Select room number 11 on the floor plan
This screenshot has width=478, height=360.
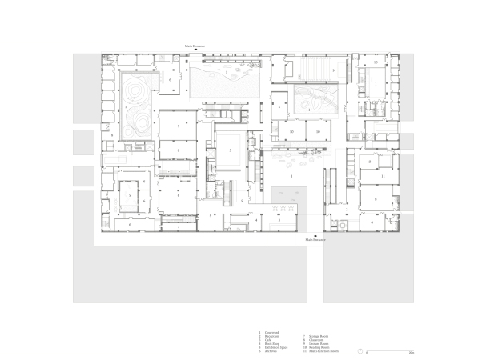pos(384,175)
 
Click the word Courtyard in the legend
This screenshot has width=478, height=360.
pos(271,332)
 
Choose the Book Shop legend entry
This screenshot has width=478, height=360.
pos(271,344)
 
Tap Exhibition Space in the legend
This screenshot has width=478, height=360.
pos(274,348)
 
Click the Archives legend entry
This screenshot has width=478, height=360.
pos(270,352)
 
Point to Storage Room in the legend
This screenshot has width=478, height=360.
pos(314,336)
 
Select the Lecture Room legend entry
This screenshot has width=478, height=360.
pos(314,344)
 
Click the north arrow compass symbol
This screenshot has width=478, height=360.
pos(361,350)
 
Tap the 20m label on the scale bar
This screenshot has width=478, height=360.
pos(411,353)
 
